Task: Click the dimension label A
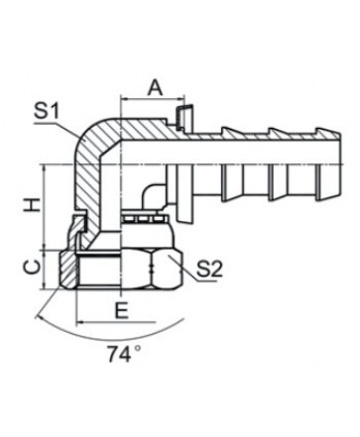click(155, 87)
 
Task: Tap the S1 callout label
click(46, 111)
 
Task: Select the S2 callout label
click(209, 269)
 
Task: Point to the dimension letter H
click(33, 204)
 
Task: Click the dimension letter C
click(33, 267)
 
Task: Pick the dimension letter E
click(121, 310)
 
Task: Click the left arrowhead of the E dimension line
click(80, 321)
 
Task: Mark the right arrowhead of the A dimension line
click(181, 98)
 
